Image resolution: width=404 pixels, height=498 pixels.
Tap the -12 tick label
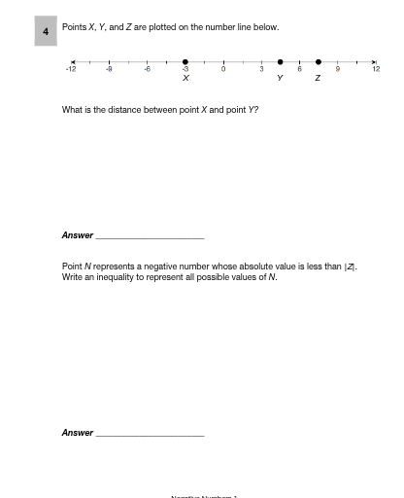70,70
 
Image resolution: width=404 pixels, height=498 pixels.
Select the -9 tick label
109,70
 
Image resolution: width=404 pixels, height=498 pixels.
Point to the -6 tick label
147,70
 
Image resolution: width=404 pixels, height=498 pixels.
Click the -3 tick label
185,70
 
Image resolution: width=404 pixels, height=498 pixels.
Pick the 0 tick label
223,70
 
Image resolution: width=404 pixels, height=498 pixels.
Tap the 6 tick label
300,70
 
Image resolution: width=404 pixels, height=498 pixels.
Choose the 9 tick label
338,70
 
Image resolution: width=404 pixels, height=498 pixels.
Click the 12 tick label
376,70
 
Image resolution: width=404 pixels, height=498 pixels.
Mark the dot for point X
185,60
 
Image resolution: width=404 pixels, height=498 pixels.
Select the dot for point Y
281,60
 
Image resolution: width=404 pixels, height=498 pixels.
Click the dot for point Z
319,60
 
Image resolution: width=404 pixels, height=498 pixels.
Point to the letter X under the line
185,79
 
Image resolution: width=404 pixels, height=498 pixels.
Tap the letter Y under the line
281,79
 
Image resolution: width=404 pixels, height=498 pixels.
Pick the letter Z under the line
319,79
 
